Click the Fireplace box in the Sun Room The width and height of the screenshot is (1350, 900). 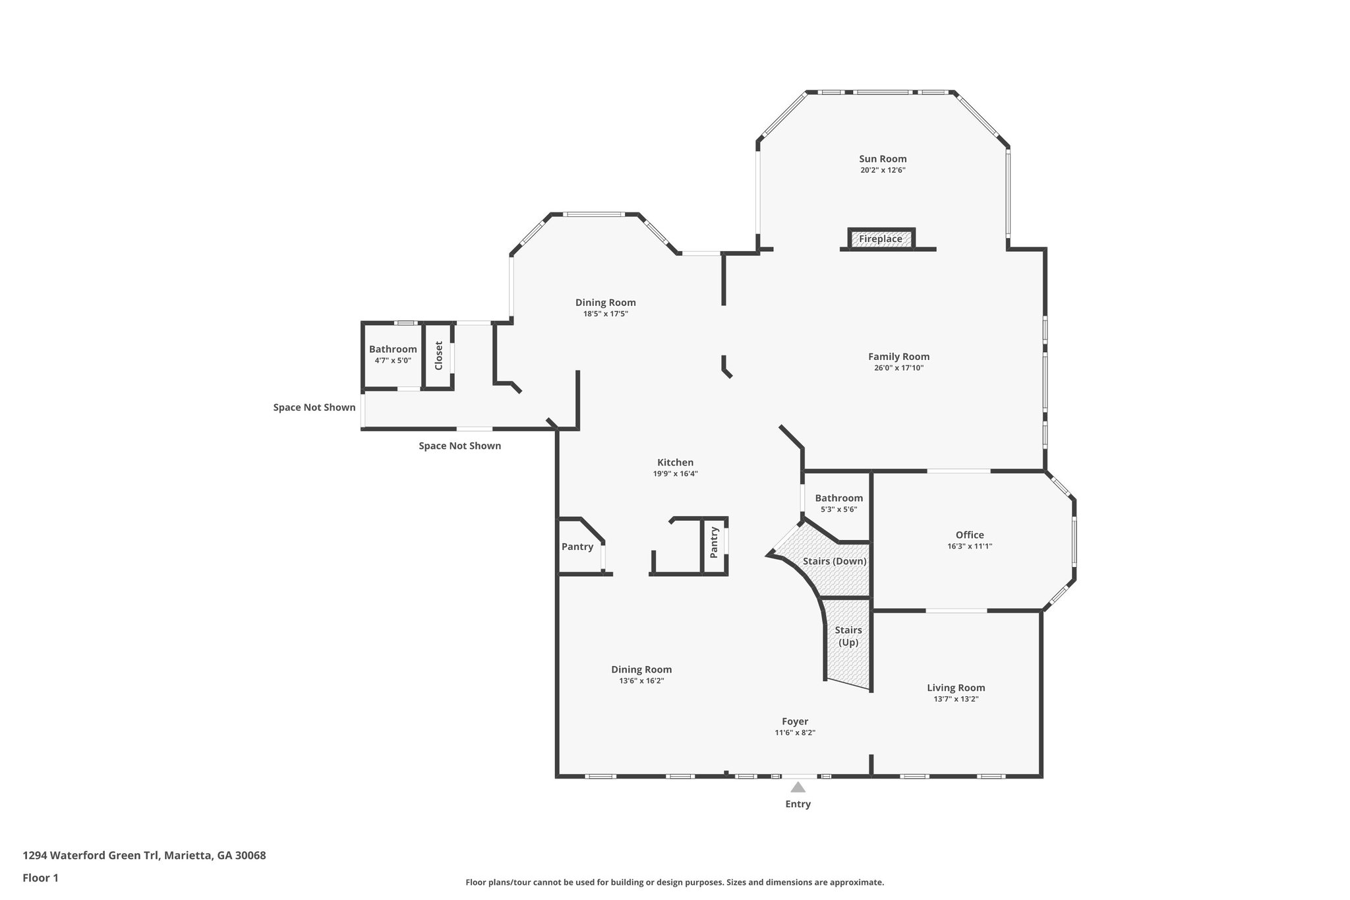[881, 239]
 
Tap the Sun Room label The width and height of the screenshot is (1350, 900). [883, 159]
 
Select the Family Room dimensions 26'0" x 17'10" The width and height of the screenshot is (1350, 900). [898, 368]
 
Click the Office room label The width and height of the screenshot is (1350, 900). [970, 535]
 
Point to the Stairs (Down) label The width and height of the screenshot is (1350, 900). [835, 561]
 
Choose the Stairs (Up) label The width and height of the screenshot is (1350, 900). [848, 636]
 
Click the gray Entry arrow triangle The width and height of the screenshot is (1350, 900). [798, 787]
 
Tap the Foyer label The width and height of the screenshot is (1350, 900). [795, 721]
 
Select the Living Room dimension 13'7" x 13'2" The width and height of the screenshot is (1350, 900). [956, 699]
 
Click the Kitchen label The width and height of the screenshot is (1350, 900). [675, 462]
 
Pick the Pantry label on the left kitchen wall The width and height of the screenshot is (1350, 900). [577, 547]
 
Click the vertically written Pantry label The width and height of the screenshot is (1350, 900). [714, 543]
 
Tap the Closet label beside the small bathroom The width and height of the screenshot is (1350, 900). [438, 355]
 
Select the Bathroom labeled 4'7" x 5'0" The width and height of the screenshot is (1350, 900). [393, 349]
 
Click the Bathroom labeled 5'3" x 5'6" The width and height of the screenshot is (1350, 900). [838, 498]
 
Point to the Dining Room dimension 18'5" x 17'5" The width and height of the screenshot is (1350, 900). [605, 314]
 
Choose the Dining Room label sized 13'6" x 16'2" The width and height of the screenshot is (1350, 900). [641, 669]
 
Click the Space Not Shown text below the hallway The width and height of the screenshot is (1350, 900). [459, 446]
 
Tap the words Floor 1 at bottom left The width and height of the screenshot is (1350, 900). [40, 878]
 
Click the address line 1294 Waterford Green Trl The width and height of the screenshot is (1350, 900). [144, 856]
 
